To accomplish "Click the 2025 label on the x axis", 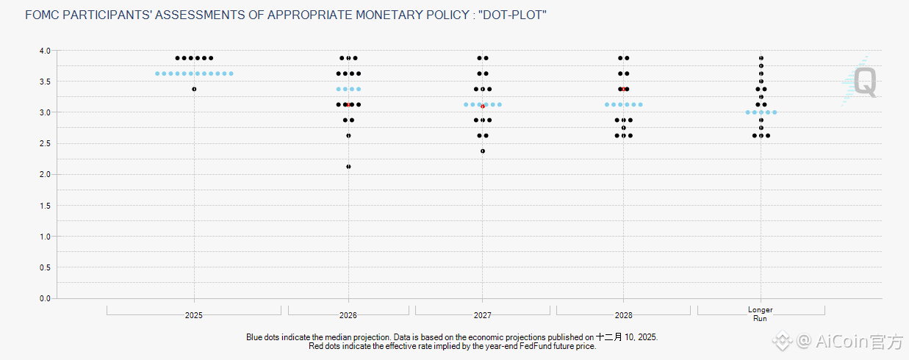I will click(194, 315).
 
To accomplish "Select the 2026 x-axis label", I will click(348, 315).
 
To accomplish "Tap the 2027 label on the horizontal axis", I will click(483, 315).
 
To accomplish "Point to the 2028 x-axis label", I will click(623, 315).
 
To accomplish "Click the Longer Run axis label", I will click(761, 314).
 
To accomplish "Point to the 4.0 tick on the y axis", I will click(45, 51).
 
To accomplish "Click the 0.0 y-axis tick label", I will click(45, 298).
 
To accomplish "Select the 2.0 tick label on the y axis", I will click(45, 175).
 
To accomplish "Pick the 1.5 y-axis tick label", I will click(45, 206).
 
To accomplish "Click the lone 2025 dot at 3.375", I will click(194, 89).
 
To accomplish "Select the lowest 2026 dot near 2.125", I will click(348, 167).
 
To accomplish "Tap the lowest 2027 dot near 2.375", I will click(483, 151).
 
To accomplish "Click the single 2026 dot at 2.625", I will click(348, 136).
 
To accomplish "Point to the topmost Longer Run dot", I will click(761, 58).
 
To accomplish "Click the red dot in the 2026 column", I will click(348, 105).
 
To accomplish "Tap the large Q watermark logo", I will click(866, 82).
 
